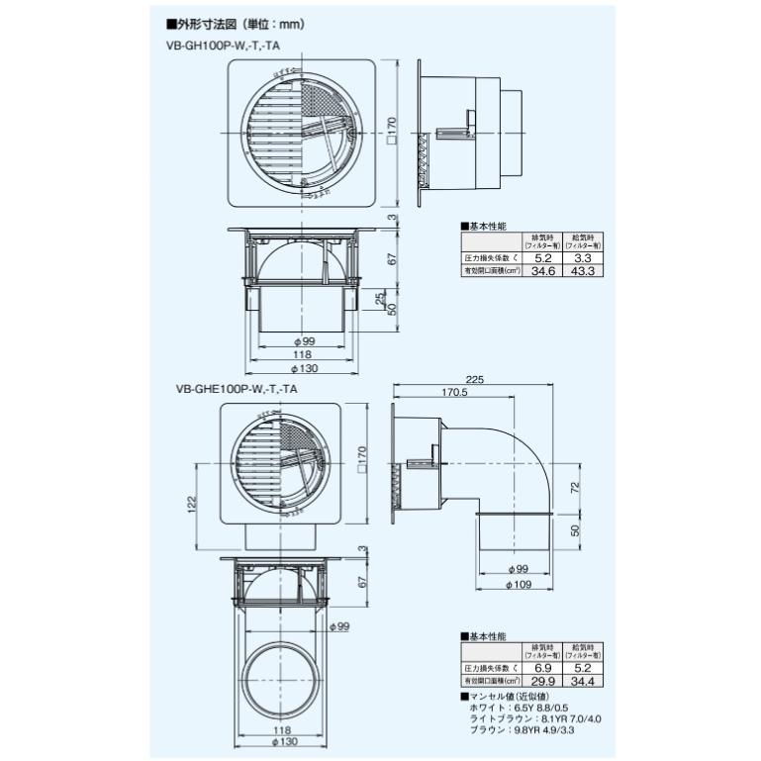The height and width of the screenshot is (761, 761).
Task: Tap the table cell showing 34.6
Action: (x=541, y=269)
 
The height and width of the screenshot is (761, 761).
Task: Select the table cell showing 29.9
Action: (x=541, y=683)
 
